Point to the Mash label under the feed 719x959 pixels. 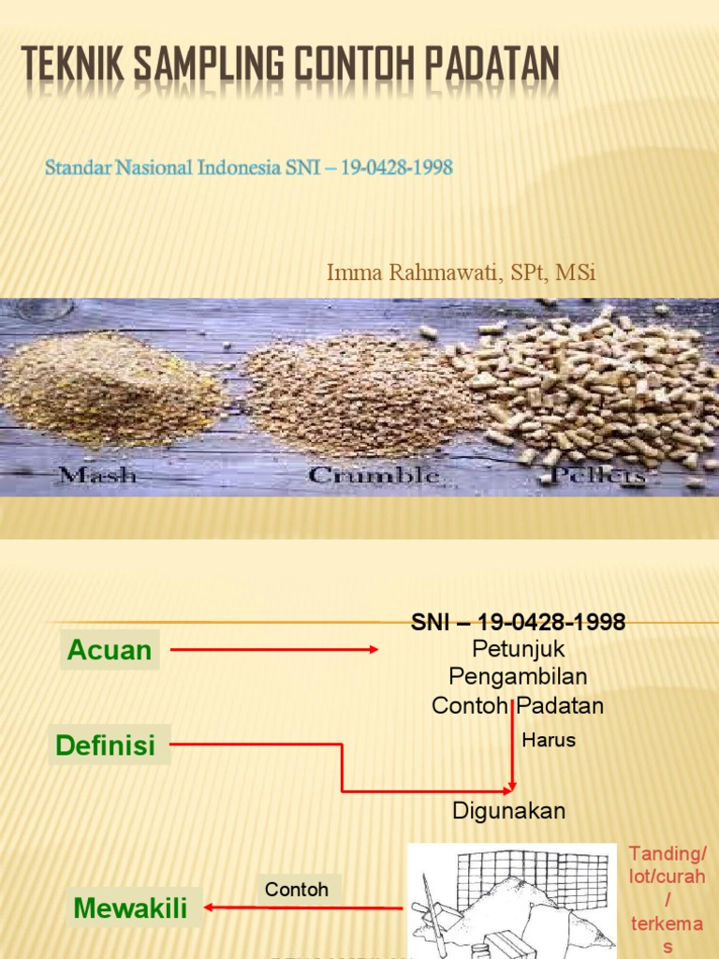pyautogui.click(x=97, y=475)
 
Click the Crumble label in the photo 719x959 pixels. pyautogui.click(x=374, y=475)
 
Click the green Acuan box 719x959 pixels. pyautogui.click(x=110, y=650)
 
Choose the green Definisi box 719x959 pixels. pyautogui.click(x=106, y=745)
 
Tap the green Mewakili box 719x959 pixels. pyautogui.click(x=130, y=907)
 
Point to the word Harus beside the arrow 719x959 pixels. pyautogui.click(x=549, y=741)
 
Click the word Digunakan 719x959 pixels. pyautogui.click(x=509, y=811)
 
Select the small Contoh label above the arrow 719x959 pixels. pyautogui.click(x=297, y=890)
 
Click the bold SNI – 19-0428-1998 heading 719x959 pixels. pyautogui.click(x=518, y=623)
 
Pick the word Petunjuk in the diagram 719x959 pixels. pyautogui.click(x=519, y=648)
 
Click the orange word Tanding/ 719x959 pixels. pyautogui.click(x=668, y=853)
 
